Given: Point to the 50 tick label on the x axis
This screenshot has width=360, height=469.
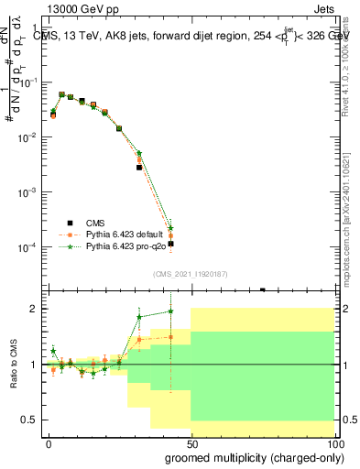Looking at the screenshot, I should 191,443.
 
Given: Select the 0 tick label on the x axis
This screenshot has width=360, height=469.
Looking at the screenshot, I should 49,443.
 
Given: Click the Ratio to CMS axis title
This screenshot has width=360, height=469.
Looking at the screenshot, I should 15,364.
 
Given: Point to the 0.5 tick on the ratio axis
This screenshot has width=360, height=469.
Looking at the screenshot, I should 29,420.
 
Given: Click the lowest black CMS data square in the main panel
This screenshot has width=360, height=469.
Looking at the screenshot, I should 170,244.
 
